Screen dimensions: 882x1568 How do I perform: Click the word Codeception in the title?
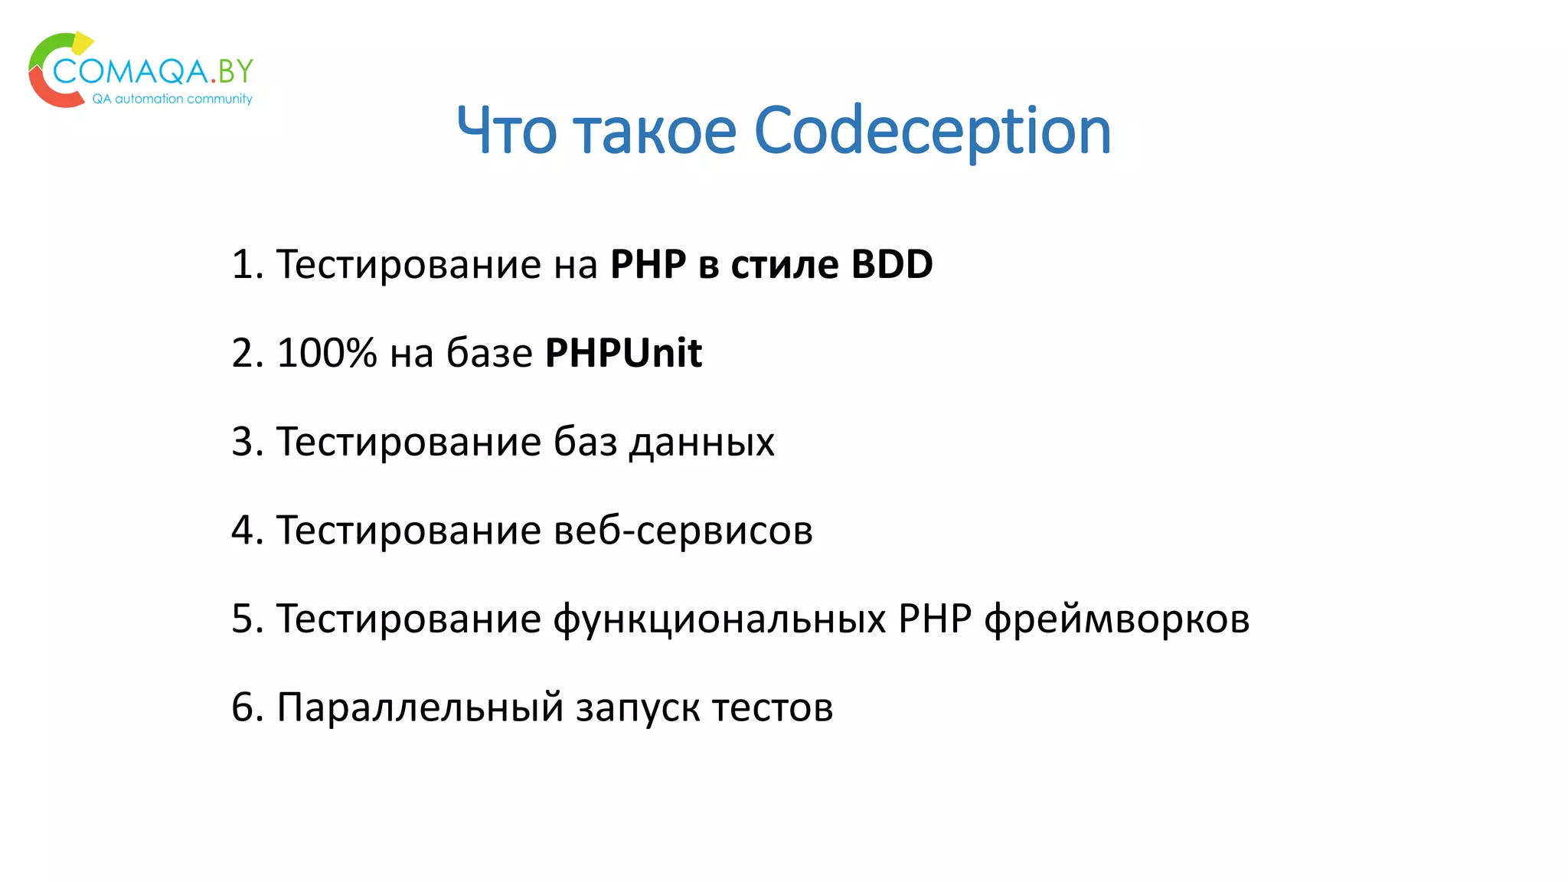click(932, 131)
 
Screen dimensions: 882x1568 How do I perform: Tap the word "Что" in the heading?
click(506, 131)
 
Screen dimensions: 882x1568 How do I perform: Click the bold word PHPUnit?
click(623, 353)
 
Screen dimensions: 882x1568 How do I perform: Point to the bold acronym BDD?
click(892, 264)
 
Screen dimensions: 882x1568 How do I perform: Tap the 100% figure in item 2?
click(327, 353)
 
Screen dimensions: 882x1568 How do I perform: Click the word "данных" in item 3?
click(701, 443)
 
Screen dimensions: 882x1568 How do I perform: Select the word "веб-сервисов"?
click(683, 531)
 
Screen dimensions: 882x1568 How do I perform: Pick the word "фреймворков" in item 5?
click(1116, 619)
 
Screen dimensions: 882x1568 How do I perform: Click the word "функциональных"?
click(720, 619)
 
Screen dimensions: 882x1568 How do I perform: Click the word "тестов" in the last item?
click(773, 707)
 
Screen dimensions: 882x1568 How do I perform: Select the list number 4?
click(243, 531)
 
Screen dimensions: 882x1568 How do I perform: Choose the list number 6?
click(243, 707)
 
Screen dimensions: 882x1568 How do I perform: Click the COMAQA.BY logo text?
click(153, 71)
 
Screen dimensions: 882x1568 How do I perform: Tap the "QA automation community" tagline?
click(172, 99)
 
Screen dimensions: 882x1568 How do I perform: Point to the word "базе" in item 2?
click(489, 353)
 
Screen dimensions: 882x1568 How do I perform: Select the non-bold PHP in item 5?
click(935, 619)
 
